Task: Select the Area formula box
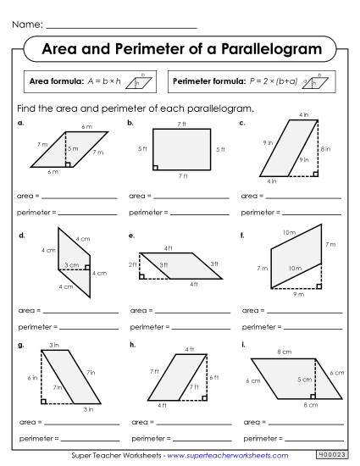click(x=90, y=81)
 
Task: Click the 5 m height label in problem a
click(x=74, y=149)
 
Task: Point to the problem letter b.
click(x=131, y=123)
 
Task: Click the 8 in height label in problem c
click(x=327, y=149)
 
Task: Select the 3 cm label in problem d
click(x=71, y=265)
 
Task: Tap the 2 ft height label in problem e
click(x=133, y=265)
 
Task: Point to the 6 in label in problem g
click(x=32, y=377)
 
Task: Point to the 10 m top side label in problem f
click(x=290, y=232)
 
